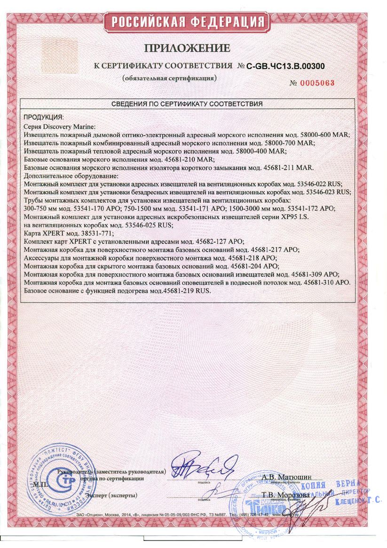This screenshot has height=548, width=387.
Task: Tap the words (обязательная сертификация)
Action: [169, 78]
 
